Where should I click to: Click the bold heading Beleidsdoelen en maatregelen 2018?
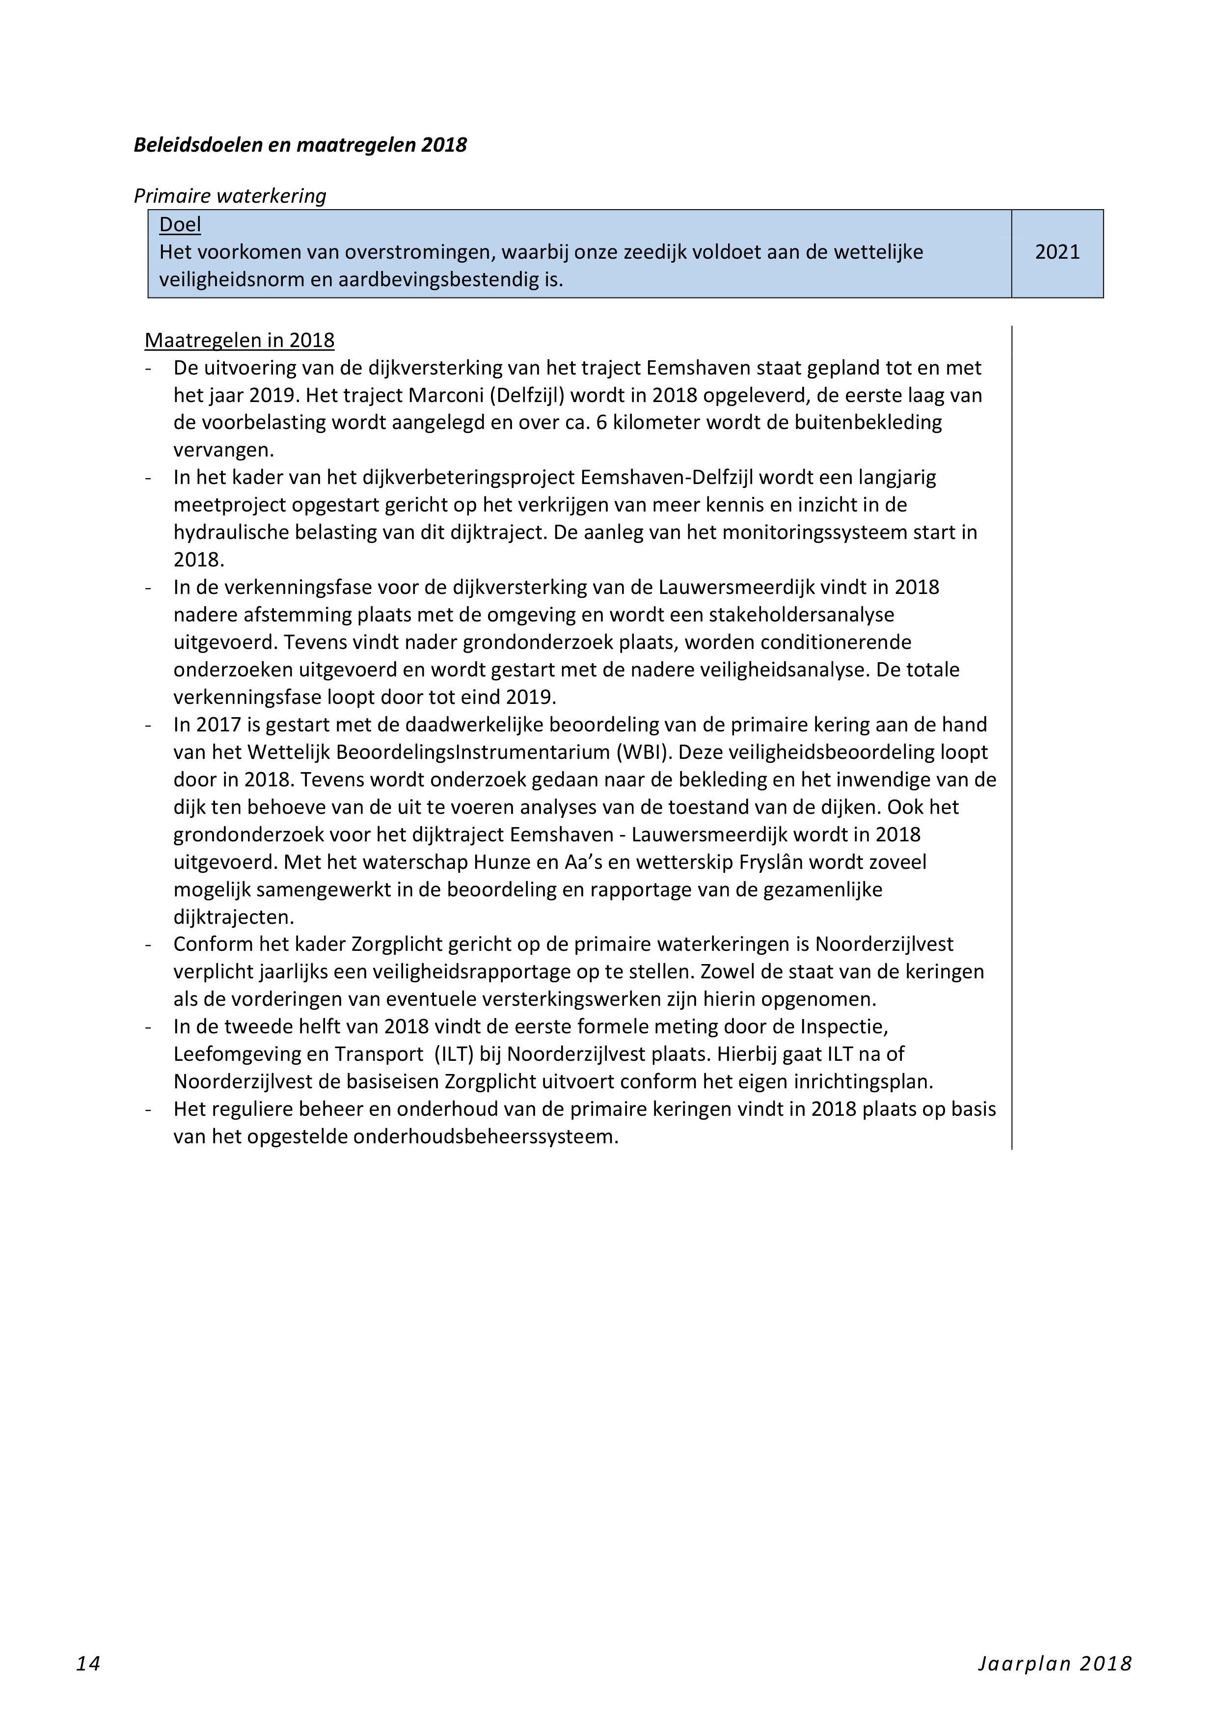[x=300, y=145]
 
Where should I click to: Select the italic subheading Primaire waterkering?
[x=229, y=196]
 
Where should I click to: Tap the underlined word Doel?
[x=180, y=224]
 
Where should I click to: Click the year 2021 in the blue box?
[x=1057, y=252]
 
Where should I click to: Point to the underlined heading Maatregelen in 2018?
[x=239, y=341]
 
